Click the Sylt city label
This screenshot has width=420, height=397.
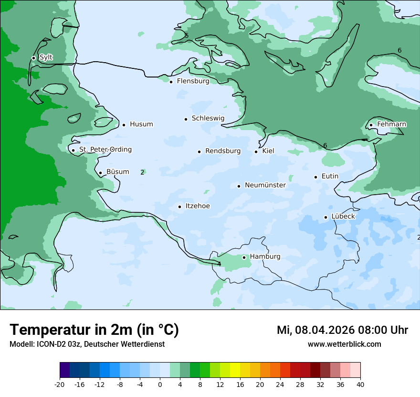(x=46, y=57)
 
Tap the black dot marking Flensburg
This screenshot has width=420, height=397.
(x=171, y=82)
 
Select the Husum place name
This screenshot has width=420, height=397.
(x=141, y=124)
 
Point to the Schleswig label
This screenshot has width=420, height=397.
(x=208, y=118)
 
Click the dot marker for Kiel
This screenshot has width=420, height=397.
(x=256, y=152)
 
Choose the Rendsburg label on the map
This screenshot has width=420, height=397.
(x=222, y=151)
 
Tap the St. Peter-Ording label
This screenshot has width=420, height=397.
(x=105, y=150)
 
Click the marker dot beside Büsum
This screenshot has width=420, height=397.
(x=100, y=173)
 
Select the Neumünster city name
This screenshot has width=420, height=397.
(x=265, y=185)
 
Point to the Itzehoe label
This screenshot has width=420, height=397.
(x=197, y=206)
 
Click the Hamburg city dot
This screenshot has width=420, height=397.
(x=244, y=257)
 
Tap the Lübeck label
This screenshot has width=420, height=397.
(x=343, y=216)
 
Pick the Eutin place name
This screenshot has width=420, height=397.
(x=330, y=176)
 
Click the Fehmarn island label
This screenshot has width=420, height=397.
(x=391, y=124)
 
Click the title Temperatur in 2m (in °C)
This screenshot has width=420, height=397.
(x=94, y=330)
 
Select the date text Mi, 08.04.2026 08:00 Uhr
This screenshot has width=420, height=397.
(x=342, y=330)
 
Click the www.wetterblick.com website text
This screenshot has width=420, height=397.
(x=344, y=344)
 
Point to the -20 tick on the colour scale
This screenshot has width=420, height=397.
(x=60, y=385)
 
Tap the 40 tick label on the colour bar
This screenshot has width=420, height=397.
(x=360, y=385)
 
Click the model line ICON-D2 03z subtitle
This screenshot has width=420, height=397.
(x=87, y=344)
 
